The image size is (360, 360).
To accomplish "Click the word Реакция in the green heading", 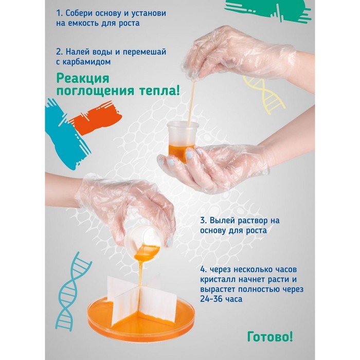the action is (83, 79).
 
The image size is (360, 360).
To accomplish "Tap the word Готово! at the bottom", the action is (270, 337).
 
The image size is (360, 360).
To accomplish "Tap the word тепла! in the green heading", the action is (159, 91).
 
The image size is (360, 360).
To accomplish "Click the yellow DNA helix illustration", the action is (264, 95).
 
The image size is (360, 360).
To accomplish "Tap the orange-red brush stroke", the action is (96, 119).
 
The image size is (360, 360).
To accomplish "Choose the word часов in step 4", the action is (284, 269).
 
